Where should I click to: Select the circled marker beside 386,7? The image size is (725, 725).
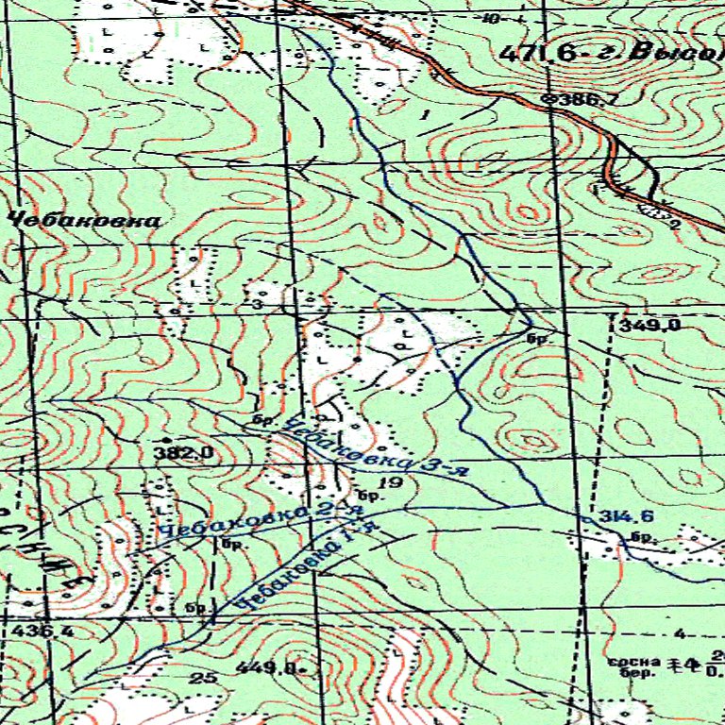point(550,99)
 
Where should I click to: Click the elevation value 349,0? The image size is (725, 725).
point(651,326)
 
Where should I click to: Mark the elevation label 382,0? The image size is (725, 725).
point(185,454)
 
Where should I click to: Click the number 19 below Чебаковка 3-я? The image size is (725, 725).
point(395,483)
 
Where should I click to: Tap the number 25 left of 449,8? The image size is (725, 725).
point(202,678)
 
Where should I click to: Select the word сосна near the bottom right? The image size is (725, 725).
point(631,662)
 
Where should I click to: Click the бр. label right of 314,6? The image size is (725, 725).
point(644,538)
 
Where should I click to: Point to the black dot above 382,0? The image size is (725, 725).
point(166,441)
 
